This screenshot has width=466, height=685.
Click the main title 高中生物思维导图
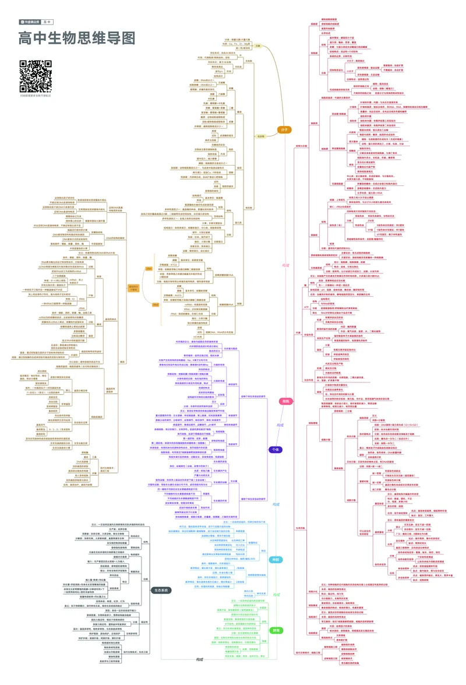coord(77,38)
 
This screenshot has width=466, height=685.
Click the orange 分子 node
coord(284,129)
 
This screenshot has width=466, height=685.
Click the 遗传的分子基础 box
coord(133,287)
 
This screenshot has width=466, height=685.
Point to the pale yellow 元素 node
coord(258,45)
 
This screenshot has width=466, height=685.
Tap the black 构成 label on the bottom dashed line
coord(200,659)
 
